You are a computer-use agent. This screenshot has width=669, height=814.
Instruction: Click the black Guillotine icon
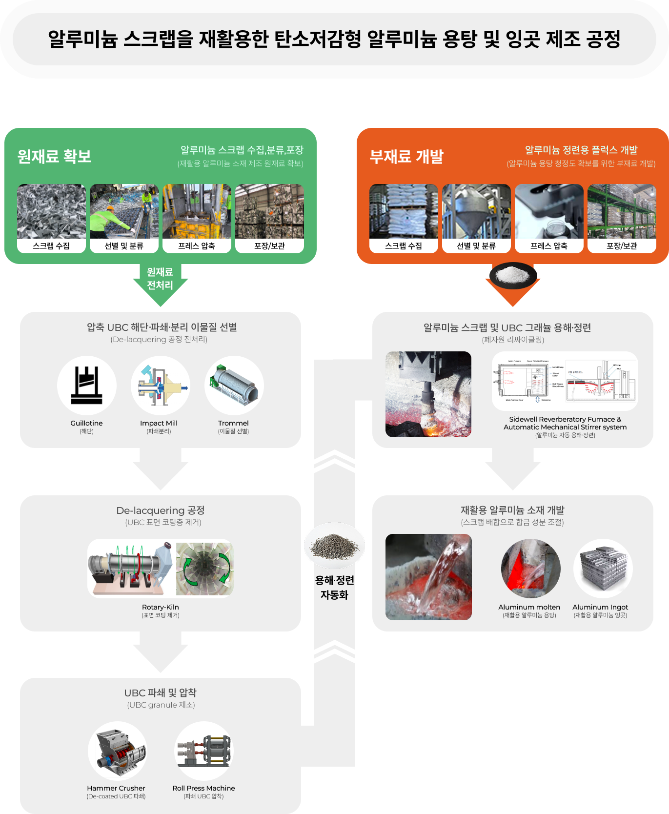point(87,386)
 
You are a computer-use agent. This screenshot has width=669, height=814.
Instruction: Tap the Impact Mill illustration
point(161,386)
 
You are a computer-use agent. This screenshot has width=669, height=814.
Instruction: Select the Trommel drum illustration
point(234,386)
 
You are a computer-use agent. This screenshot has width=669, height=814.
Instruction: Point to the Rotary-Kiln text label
point(161,607)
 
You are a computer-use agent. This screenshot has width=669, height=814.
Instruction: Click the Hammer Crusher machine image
point(117,751)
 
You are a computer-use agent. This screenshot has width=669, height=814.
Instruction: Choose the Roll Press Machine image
point(204,751)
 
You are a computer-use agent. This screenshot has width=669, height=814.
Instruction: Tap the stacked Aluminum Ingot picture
point(603,569)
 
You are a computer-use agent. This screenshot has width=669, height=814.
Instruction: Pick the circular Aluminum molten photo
point(531,569)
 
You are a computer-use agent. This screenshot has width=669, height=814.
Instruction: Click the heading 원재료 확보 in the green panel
point(54,156)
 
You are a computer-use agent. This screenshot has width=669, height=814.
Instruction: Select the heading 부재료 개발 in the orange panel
point(406,156)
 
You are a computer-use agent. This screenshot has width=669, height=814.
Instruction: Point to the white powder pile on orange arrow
point(512,275)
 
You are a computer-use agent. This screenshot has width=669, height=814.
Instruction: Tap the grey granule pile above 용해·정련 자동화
point(334,546)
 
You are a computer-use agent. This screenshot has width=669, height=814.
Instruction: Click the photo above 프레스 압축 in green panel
point(197,211)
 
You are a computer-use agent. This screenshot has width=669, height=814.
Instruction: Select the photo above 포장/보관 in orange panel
point(622,211)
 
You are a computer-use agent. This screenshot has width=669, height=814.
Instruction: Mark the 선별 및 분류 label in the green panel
point(124,246)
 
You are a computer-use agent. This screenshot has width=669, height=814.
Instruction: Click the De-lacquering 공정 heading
point(161,510)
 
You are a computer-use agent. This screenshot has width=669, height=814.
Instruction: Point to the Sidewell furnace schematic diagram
point(565,381)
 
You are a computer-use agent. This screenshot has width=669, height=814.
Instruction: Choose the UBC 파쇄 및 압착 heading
point(161,693)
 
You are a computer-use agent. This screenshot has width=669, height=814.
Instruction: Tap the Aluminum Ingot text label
point(600,607)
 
